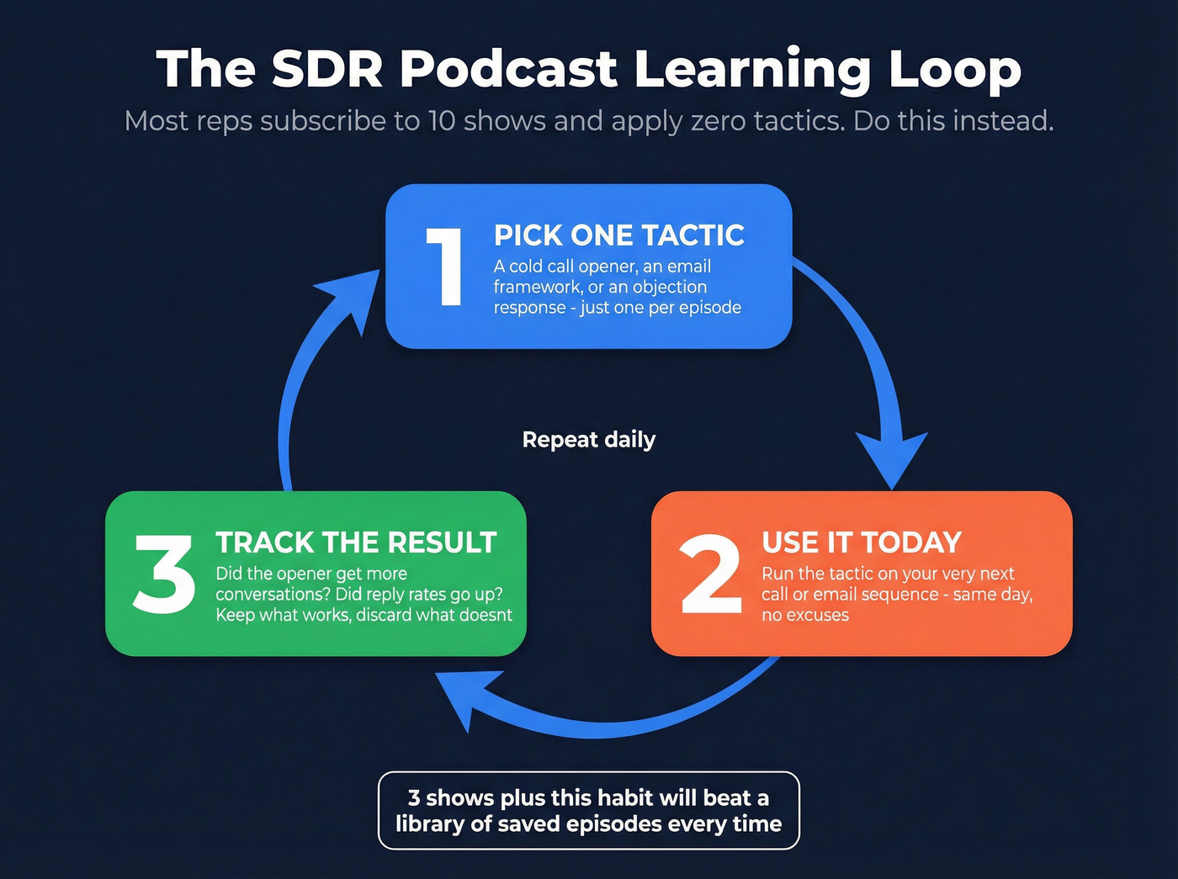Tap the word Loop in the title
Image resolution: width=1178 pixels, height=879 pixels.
click(x=954, y=69)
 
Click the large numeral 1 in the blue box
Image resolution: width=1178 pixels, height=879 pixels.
click(x=444, y=267)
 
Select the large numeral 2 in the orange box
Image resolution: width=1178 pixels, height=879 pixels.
click(x=711, y=575)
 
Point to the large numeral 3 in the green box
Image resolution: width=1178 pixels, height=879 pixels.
click(x=164, y=575)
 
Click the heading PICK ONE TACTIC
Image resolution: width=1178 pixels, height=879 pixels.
click(x=618, y=236)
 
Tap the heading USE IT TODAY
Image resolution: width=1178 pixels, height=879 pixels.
click(x=861, y=543)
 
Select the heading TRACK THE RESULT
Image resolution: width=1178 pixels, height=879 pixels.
click(x=356, y=543)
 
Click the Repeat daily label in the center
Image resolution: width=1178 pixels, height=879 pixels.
click(x=588, y=440)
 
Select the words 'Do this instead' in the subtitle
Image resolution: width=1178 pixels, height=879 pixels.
click(x=952, y=121)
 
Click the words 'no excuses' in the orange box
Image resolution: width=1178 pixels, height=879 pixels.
click(x=805, y=616)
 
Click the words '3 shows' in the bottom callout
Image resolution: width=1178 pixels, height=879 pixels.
click(x=451, y=797)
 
